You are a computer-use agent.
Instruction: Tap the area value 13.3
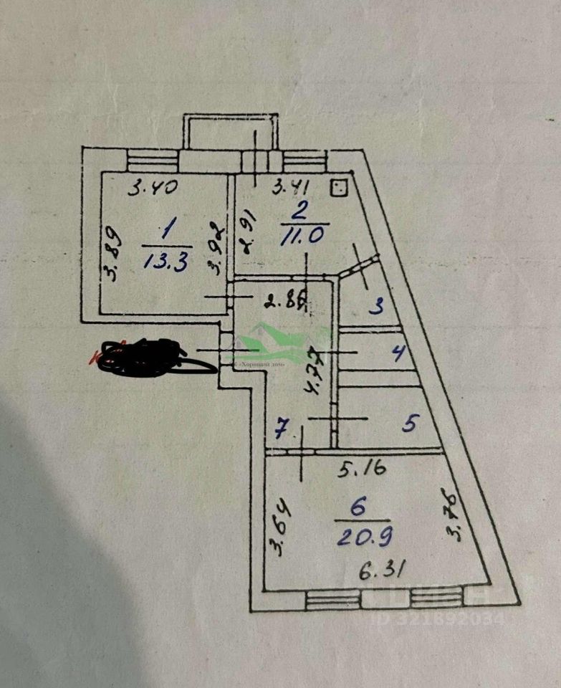tap(166, 262)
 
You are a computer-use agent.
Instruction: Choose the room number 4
tap(399, 352)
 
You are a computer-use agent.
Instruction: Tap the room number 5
tap(409, 424)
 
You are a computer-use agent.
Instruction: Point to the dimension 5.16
tap(363, 469)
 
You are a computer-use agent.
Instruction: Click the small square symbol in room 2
tap(339, 188)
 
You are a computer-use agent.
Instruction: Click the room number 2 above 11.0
tap(299, 210)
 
